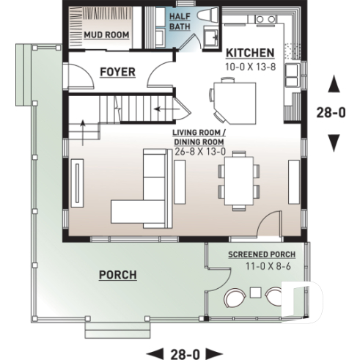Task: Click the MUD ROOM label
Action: click(106, 35)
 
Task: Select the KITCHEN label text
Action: click(249, 54)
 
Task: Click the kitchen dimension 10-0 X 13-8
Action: click(249, 67)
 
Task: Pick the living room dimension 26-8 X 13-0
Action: click(200, 151)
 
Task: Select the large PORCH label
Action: click(117, 274)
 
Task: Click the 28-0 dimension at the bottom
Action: click(184, 352)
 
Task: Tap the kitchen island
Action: click(233, 102)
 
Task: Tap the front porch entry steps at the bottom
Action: click(111, 331)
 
